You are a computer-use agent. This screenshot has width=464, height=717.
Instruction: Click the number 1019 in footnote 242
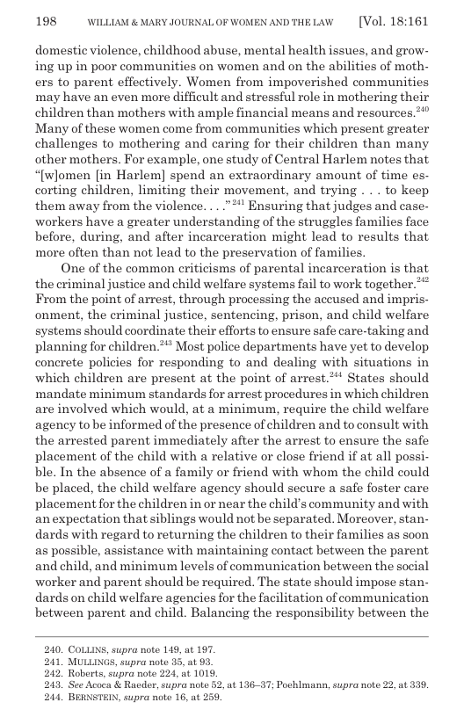[x=205, y=674]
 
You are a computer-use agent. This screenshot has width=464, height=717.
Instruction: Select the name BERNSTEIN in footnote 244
[x=95, y=698]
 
